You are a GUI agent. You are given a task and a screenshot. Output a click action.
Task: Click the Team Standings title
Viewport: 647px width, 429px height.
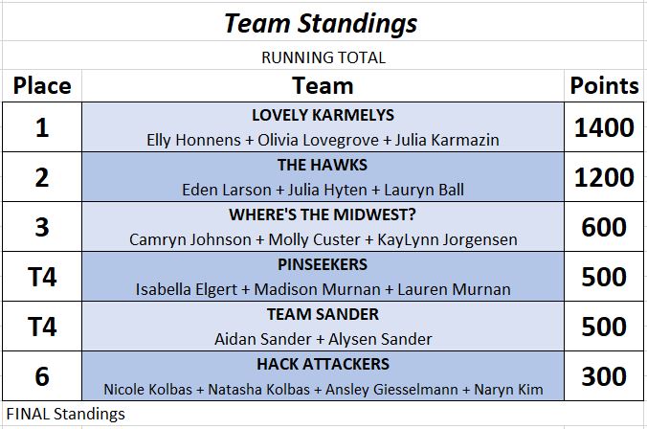pyautogui.click(x=321, y=24)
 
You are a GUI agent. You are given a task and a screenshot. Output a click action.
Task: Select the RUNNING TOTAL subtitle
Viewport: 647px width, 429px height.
pyautogui.click(x=323, y=57)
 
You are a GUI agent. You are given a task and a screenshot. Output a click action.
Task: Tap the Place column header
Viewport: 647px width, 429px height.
pyautogui.click(x=42, y=86)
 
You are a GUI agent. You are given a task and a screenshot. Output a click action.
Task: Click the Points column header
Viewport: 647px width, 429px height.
pyautogui.click(x=604, y=86)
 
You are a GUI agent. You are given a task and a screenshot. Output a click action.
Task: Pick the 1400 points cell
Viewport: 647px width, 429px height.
pyautogui.click(x=604, y=127)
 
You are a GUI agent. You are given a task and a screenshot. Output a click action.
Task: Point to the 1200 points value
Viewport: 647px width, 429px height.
pyautogui.click(x=604, y=177)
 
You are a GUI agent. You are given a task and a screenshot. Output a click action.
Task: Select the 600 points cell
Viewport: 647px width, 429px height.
pyautogui.click(x=604, y=227)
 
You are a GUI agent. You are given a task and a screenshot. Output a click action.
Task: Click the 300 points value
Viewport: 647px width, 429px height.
pyautogui.click(x=604, y=376)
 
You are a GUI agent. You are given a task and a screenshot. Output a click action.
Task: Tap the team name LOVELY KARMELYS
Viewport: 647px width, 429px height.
pyautogui.click(x=323, y=115)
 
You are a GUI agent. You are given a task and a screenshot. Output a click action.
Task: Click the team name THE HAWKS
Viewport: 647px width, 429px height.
pyautogui.click(x=323, y=165)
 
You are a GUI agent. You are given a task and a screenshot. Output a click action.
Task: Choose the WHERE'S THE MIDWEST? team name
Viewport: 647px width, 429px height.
pyautogui.click(x=323, y=214)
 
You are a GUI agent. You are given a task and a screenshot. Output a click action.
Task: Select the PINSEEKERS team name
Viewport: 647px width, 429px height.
pyautogui.click(x=323, y=264)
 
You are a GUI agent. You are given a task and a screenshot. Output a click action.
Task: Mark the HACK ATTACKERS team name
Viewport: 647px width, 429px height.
pyautogui.click(x=323, y=364)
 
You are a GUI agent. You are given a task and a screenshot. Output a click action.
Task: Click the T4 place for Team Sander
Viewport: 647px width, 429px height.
pyautogui.click(x=42, y=327)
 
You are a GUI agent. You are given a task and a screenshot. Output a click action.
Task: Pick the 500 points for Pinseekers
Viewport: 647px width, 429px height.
pyautogui.click(x=604, y=277)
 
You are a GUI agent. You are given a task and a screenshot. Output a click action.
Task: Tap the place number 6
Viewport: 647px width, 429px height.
pyautogui.click(x=42, y=376)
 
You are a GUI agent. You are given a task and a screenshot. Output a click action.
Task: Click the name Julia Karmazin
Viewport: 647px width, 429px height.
pyautogui.click(x=447, y=140)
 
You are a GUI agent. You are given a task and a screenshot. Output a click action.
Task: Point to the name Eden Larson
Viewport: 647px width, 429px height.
pyautogui.click(x=227, y=190)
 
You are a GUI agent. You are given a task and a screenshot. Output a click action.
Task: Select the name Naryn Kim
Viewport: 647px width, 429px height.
pyautogui.click(x=508, y=389)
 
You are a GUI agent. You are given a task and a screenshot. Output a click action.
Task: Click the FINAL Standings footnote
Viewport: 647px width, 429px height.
pyautogui.click(x=66, y=414)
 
